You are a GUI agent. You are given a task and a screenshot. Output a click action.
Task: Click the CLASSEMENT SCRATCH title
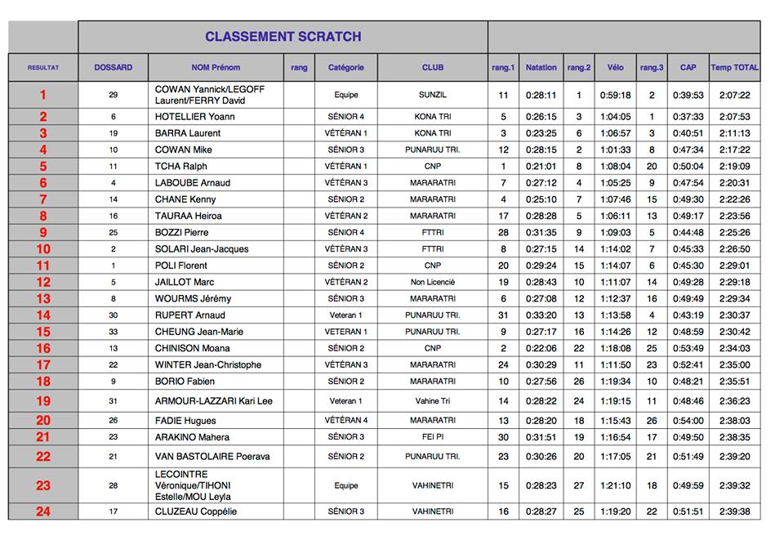click(283, 37)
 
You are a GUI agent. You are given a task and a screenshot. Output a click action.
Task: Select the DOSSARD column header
click(113, 68)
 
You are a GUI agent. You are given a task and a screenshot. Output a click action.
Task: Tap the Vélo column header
click(615, 68)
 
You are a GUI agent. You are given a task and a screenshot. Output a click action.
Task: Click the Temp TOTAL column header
click(734, 68)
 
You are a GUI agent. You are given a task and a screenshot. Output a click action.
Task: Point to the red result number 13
click(43, 299)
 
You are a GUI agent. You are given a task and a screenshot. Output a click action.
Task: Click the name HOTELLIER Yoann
click(194, 117)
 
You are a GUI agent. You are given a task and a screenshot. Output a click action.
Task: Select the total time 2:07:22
click(734, 95)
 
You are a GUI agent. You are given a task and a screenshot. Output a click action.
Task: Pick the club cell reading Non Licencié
click(433, 282)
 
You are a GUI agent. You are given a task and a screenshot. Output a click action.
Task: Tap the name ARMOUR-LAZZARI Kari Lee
click(214, 401)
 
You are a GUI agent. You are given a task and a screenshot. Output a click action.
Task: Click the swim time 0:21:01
click(541, 167)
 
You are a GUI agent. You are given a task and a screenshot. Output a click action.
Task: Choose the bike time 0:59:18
click(615, 95)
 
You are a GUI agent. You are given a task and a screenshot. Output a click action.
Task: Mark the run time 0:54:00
click(688, 421)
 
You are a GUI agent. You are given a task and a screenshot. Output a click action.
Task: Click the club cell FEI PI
click(433, 437)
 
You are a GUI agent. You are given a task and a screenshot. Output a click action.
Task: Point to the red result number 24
click(43, 512)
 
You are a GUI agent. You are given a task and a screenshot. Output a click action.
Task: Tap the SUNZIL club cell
click(433, 95)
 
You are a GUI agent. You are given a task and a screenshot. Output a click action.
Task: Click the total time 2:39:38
click(734, 512)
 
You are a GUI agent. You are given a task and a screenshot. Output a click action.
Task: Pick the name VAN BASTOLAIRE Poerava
click(212, 457)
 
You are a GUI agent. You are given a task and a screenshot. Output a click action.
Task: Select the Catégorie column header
click(345, 68)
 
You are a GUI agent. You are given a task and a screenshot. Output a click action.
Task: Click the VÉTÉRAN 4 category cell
click(345, 421)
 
